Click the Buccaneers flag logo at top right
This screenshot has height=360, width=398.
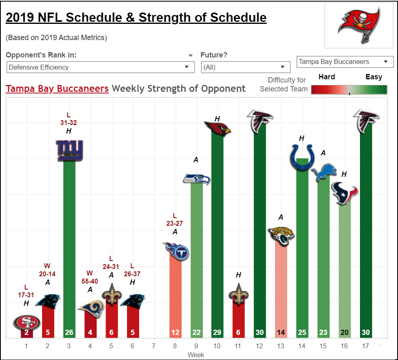tap(359, 25)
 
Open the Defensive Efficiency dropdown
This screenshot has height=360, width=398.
tap(101, 67)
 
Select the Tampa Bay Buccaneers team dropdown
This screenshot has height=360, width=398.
tap(345, 62)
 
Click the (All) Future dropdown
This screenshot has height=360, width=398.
tap(246, 67)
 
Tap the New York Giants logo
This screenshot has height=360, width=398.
tap(70, 150)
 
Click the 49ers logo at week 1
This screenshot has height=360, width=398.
tap(27, 322)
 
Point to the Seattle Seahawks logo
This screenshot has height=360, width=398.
tap(197, 179)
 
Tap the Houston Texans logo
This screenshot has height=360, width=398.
tap(345, 193)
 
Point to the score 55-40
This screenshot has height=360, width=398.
tap(90, 281)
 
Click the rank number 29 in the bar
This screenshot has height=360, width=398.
tap(217, 332)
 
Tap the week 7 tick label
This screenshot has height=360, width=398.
tap(154, 346)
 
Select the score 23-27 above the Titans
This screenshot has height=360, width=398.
tap(175, 223)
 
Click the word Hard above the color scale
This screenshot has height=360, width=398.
tap(327, 77)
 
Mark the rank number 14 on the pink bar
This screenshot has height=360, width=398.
tap(281, 332)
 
